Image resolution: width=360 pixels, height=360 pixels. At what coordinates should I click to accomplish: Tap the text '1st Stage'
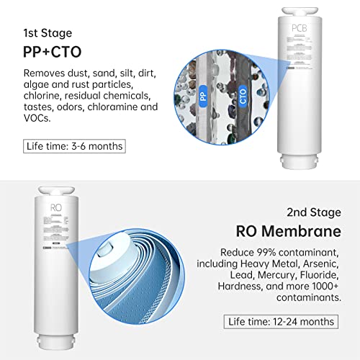[x=47, y=32]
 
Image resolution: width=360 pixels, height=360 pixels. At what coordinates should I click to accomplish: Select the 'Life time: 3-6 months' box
[x=73, y=145]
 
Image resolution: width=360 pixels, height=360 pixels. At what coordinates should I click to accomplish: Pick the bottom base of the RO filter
[x=57, y=344]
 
